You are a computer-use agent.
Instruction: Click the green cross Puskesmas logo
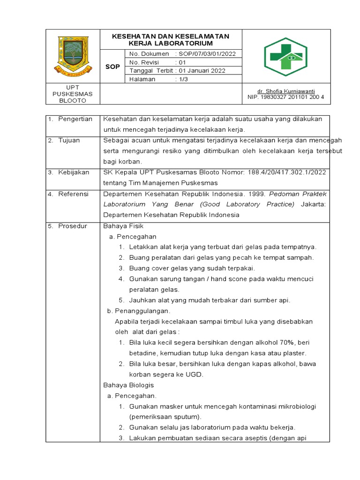(286, 57)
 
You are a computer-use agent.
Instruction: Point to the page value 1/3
(183, 79)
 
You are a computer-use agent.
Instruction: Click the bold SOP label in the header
(112, 67)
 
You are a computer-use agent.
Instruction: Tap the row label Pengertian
(75, 119)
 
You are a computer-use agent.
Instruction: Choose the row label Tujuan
(69, 140)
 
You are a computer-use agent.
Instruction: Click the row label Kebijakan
(73, 172)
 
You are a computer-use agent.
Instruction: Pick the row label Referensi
(73, 194)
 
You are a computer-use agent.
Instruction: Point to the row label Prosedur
(73, 226)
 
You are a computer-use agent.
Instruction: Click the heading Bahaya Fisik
(120, 226)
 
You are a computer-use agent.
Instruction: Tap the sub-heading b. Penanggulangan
(139, 311)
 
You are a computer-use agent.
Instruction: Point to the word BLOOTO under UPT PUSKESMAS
(73, 100)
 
